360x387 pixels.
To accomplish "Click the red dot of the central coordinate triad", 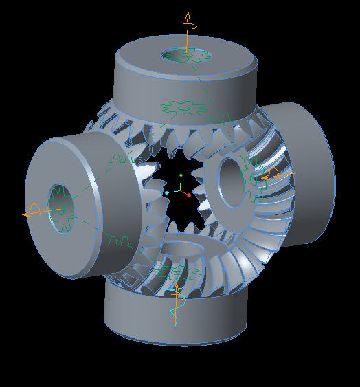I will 188,195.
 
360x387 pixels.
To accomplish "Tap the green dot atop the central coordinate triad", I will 181,176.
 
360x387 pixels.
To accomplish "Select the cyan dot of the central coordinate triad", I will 166,193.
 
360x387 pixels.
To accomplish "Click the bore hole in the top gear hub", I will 185,55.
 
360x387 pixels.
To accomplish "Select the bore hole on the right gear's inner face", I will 232,181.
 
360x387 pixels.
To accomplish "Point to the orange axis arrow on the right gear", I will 272,175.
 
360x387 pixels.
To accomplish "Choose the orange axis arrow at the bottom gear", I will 176,296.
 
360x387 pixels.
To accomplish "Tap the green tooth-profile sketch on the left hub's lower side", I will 117,241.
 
